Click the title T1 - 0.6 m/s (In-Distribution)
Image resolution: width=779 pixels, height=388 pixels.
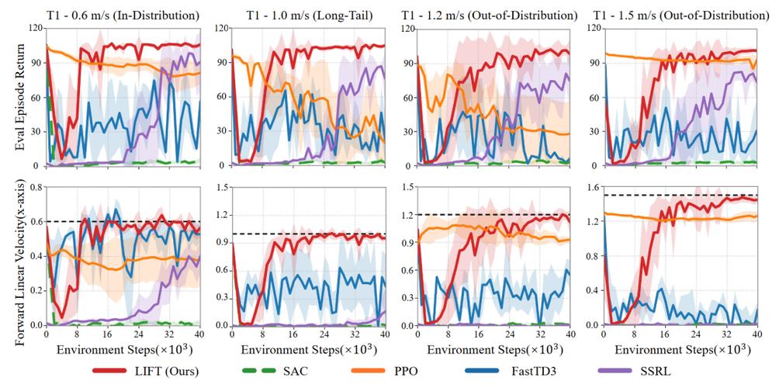[123, 16]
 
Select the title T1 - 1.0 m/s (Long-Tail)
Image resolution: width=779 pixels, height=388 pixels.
[310, 16]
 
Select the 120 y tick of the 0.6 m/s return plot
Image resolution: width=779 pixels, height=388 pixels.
[36, 28]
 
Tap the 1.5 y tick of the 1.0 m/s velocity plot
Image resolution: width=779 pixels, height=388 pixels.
[223, 187]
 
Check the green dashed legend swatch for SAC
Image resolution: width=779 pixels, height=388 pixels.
[254, 371]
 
